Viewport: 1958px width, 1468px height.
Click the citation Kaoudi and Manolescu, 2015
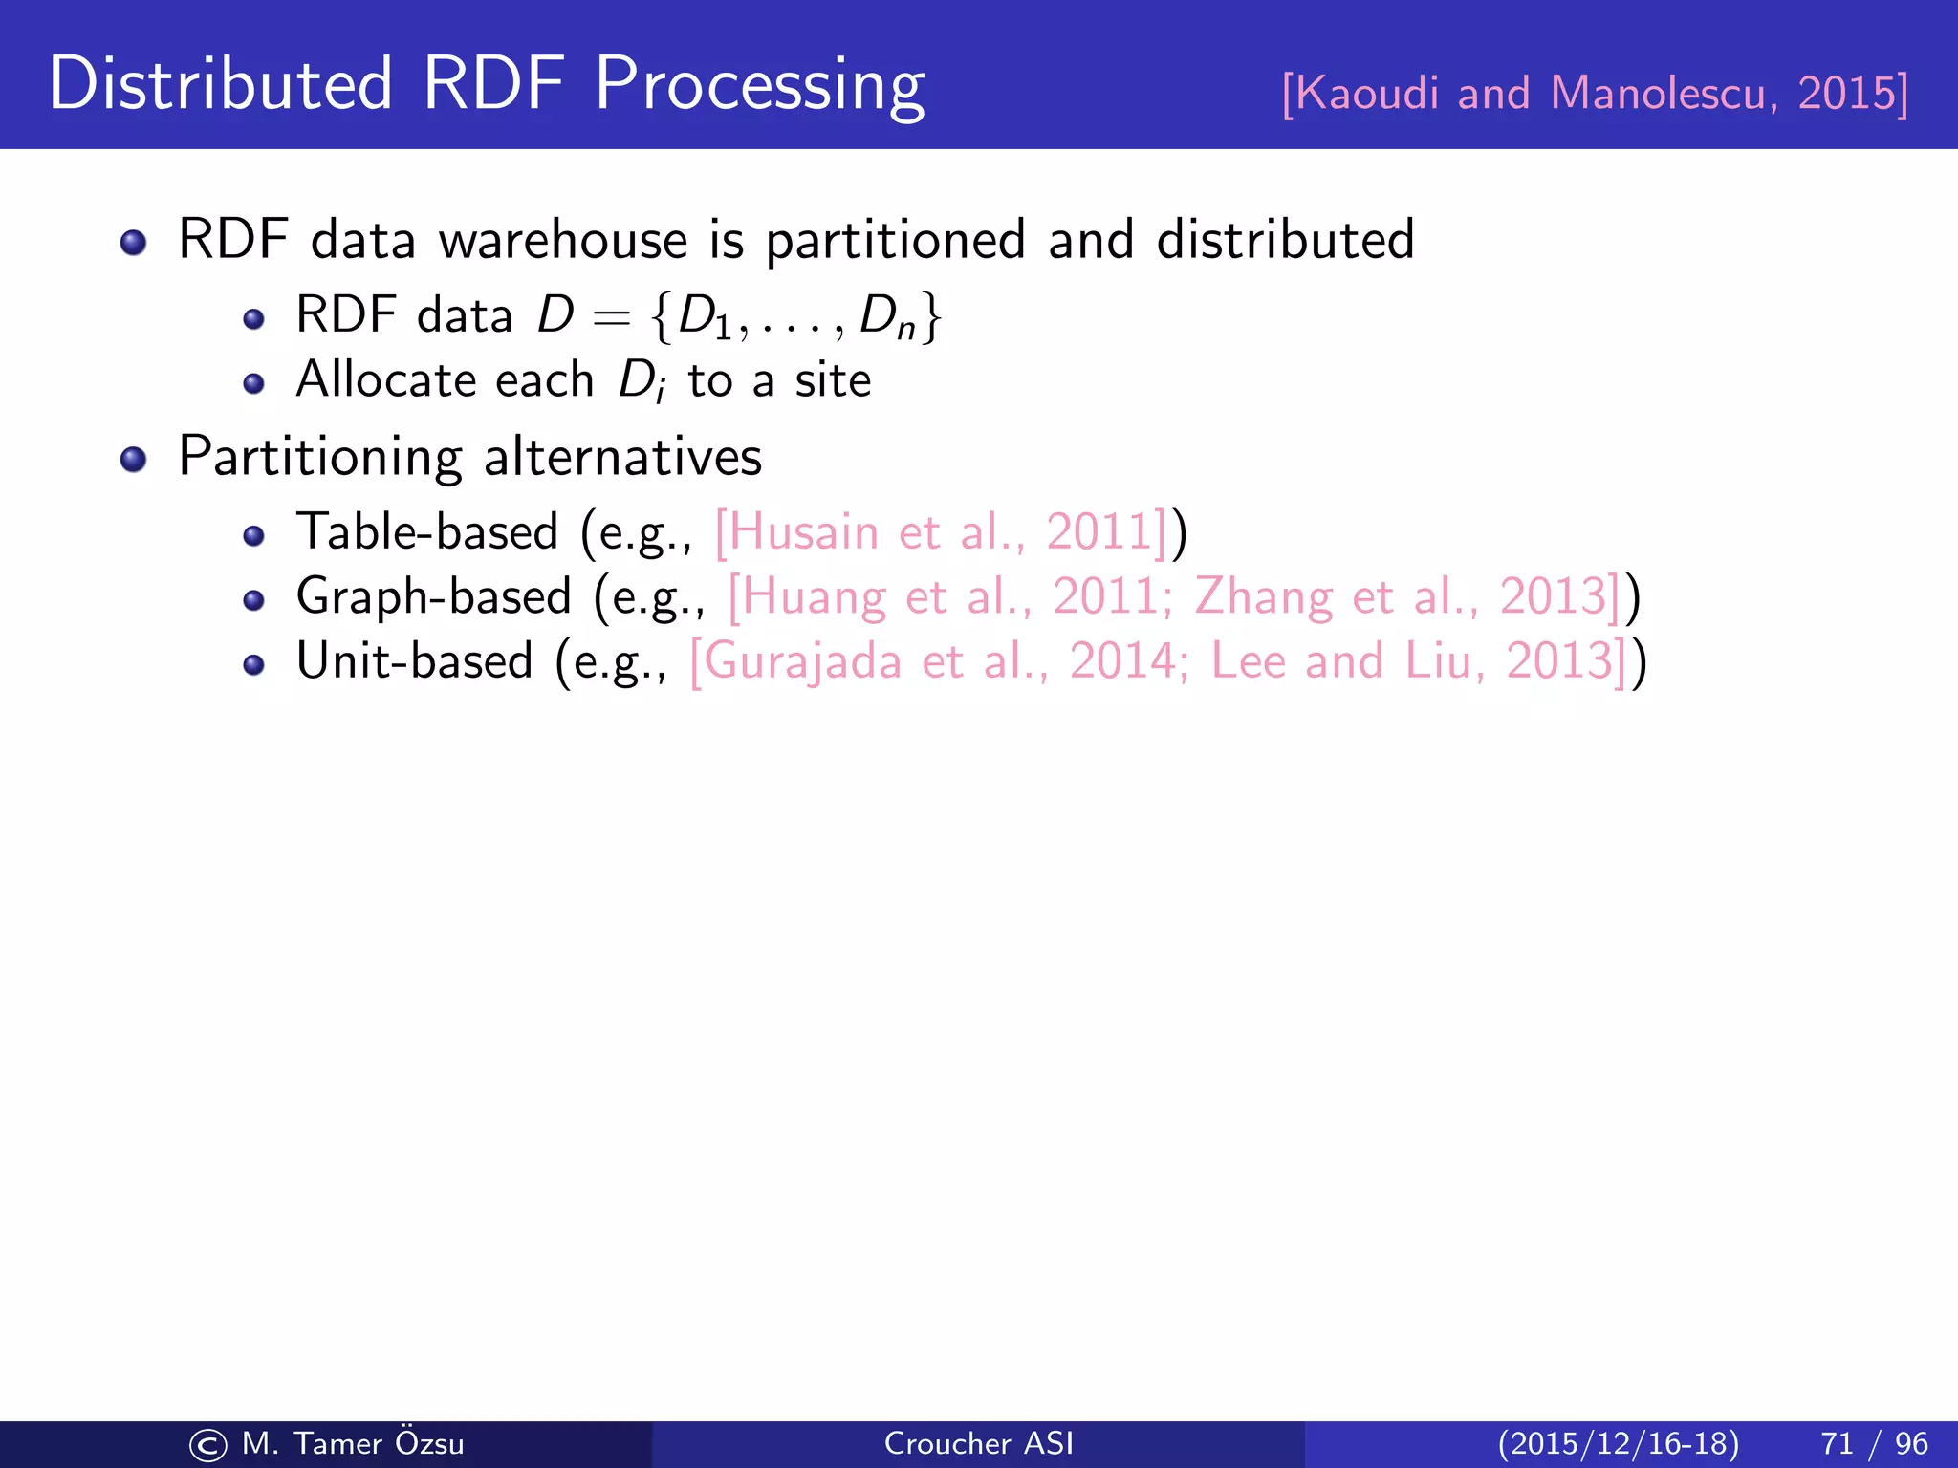coord(1595,94)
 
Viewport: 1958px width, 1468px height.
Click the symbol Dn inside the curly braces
coord(887,317)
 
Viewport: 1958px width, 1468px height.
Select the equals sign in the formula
coord(611,317)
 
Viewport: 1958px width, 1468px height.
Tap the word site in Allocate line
coord(833,380)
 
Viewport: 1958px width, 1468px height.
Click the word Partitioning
coord(319,457)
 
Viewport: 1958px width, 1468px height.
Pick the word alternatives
coord(622,457)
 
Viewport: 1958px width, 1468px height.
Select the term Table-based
coord(426,531)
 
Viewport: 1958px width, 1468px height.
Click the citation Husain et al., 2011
coord(941,532)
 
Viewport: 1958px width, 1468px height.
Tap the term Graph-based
coord(433,596)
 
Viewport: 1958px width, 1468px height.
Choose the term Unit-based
coord(414,661)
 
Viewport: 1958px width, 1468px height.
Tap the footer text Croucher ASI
coord(978,1443)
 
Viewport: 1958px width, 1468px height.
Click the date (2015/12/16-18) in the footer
coord(1618,1443)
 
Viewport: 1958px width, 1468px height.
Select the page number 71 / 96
coord(1874,1443)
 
